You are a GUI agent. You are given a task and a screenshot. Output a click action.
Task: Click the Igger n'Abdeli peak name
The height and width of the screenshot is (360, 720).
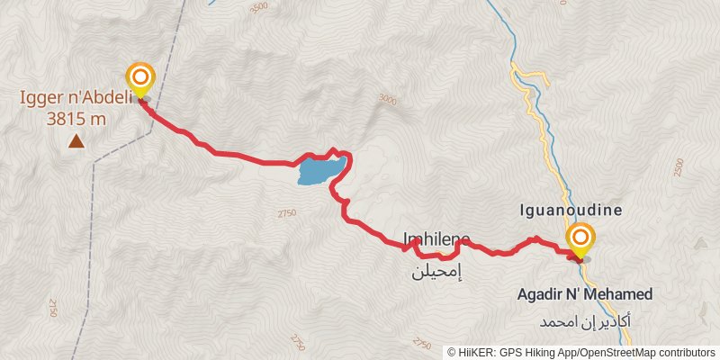(x=76, y=98)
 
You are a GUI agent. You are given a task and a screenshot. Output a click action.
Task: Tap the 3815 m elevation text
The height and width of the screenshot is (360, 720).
(x=76, y=117)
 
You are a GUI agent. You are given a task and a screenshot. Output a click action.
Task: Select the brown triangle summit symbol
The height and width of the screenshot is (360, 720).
(x=76, y=140)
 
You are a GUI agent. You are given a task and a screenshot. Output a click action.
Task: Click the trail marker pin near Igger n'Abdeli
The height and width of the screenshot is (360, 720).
(x=139, y=79)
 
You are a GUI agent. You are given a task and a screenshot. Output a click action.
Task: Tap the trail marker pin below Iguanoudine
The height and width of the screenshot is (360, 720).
(x=580, y=239)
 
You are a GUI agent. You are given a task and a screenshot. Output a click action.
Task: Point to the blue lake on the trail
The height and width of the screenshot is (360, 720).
(x=320, y=170)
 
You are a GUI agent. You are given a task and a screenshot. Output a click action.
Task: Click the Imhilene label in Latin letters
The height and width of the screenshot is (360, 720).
(x=436, y=238)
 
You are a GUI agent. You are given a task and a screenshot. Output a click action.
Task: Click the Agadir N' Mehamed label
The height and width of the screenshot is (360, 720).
(x=584, y=294)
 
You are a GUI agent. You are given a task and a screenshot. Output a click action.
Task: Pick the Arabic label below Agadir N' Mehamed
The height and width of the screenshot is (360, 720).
(x=584, y=320)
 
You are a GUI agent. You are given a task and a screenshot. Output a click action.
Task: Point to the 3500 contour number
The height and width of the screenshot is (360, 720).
(x=259, y=7)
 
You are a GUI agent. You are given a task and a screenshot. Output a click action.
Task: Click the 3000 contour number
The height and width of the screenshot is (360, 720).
(x=387, y=100)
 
